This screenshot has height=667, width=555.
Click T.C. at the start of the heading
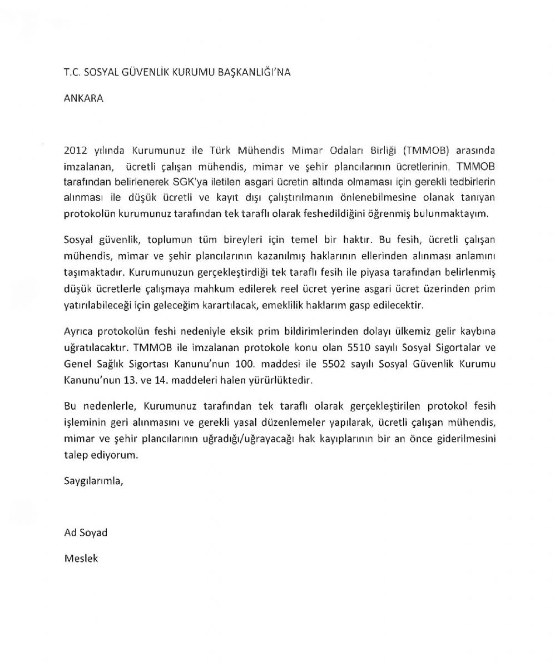click(x=73, y=72)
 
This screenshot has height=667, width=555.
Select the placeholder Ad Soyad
click(x=86, y=532)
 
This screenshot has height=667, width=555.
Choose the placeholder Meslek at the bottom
click(x=81, y=558)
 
